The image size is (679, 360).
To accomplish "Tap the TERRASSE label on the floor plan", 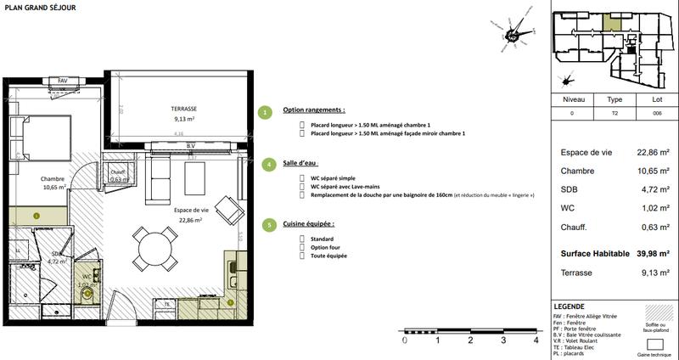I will coord(179,109).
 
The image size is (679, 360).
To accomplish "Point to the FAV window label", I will coord(62,81).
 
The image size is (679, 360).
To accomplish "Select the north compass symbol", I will coord(513,36).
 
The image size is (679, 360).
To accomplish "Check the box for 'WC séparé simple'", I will coord(303,177).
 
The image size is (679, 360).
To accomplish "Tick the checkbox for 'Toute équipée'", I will coord(303,256).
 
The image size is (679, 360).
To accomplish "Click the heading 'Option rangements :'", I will coord(314,111).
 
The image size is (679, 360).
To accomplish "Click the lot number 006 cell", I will coord(656,113).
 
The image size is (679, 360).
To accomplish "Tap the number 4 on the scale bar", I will coord(536,340).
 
